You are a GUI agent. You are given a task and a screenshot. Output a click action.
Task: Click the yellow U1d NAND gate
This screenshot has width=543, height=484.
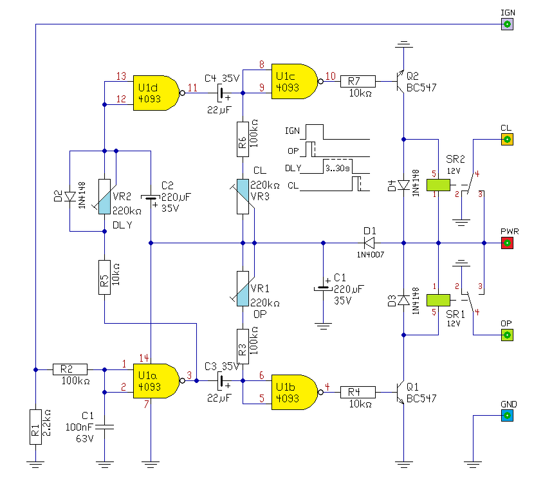point(156,93)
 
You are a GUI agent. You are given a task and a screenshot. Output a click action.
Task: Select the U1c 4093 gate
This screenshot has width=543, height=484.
point(294,81)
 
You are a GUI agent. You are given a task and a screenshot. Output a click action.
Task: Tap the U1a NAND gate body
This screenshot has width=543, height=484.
point(156,381)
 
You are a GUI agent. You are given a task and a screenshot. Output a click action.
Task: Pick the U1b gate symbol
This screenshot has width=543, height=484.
point(294,392)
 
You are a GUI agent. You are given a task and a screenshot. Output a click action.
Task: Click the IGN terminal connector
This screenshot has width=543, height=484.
point(508,24)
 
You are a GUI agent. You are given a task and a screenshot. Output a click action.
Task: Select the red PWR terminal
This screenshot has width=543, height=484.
point(508,243)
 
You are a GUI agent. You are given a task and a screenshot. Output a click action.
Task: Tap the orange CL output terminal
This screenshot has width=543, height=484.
point(508,139)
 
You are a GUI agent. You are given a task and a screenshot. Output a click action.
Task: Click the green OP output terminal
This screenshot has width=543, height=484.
point(508,335)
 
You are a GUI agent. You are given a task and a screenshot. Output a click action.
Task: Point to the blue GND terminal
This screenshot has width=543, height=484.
point(508,415)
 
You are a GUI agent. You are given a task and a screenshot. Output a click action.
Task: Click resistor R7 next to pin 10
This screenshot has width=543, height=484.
point(358,81)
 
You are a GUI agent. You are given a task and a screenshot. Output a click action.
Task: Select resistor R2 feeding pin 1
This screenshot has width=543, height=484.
point(70,369)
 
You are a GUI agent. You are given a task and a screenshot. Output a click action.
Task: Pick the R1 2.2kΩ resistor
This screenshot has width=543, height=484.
point(35,427)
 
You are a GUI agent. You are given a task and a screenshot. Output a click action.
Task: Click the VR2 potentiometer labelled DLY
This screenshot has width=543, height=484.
point(105,196)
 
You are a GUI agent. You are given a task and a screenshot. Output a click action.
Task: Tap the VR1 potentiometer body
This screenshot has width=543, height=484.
point(243,288)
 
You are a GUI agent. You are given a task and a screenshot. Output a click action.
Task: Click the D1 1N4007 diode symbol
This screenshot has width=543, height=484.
point(369,243)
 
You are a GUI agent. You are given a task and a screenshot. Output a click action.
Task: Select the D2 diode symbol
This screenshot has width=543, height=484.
point(70,197)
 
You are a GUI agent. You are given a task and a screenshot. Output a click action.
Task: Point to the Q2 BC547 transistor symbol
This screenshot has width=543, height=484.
point(400,81)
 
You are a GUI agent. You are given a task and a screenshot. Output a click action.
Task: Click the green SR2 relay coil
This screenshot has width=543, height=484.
point(438,185)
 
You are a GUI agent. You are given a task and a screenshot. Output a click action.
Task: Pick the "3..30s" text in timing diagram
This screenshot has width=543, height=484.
point(337,169)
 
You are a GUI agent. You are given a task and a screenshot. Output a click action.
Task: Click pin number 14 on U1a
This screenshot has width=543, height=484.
point(144,358)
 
